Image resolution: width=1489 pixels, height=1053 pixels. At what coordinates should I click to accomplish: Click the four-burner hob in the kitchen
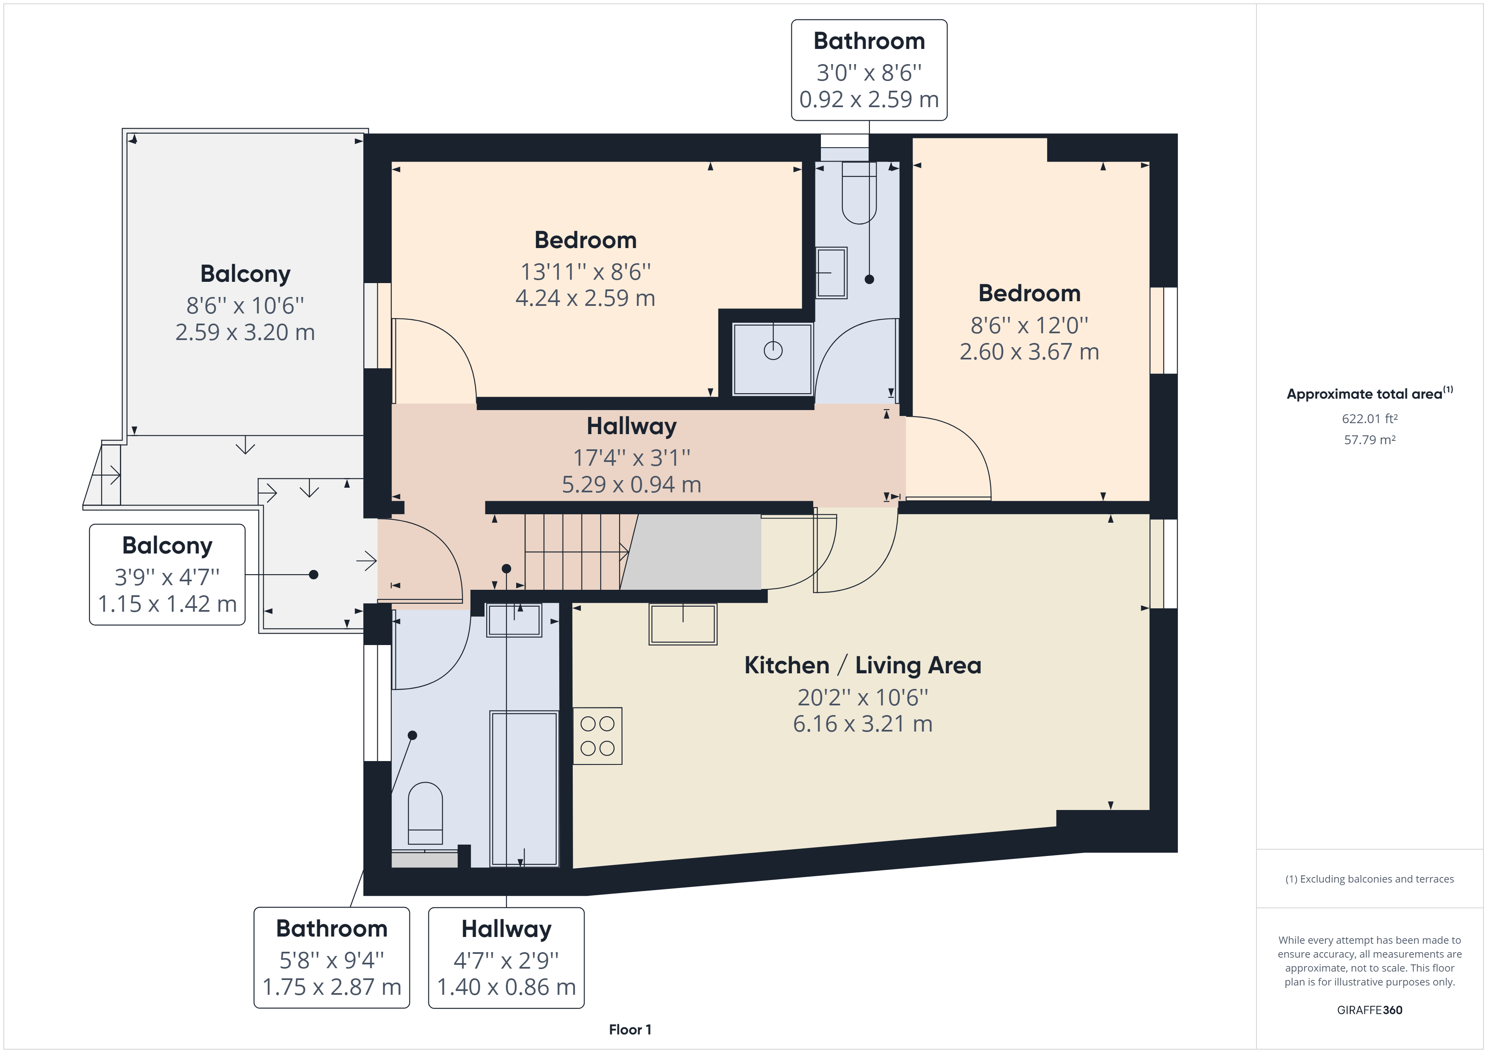597,736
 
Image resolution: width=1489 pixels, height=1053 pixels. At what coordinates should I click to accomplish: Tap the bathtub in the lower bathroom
524,788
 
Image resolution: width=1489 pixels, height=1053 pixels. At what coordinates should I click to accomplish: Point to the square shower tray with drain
772,359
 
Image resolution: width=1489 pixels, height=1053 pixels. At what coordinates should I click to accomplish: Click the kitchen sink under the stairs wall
683,624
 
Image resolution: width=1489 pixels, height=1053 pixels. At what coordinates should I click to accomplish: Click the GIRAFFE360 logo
1370,1010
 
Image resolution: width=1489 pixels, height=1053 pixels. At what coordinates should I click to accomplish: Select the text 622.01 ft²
1370,419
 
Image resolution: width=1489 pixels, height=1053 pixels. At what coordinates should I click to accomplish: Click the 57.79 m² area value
1370,440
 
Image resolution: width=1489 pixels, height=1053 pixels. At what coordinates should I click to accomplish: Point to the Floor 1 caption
630,1030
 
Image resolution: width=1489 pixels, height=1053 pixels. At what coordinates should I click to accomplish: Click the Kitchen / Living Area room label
863,665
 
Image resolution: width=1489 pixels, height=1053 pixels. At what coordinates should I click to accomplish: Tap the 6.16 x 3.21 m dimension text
863,724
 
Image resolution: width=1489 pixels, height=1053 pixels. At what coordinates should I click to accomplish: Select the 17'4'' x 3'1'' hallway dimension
632,458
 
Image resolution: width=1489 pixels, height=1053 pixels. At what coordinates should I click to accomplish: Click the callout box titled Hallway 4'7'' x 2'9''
506,958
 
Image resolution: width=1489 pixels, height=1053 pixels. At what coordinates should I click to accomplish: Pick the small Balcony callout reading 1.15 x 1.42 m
167,575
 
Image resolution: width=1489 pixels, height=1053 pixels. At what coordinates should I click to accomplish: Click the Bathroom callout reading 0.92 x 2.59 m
869,70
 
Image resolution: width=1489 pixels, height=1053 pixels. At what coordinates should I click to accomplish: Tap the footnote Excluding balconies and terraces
1370,879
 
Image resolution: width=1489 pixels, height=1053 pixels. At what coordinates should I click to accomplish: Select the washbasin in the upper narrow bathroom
831,273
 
